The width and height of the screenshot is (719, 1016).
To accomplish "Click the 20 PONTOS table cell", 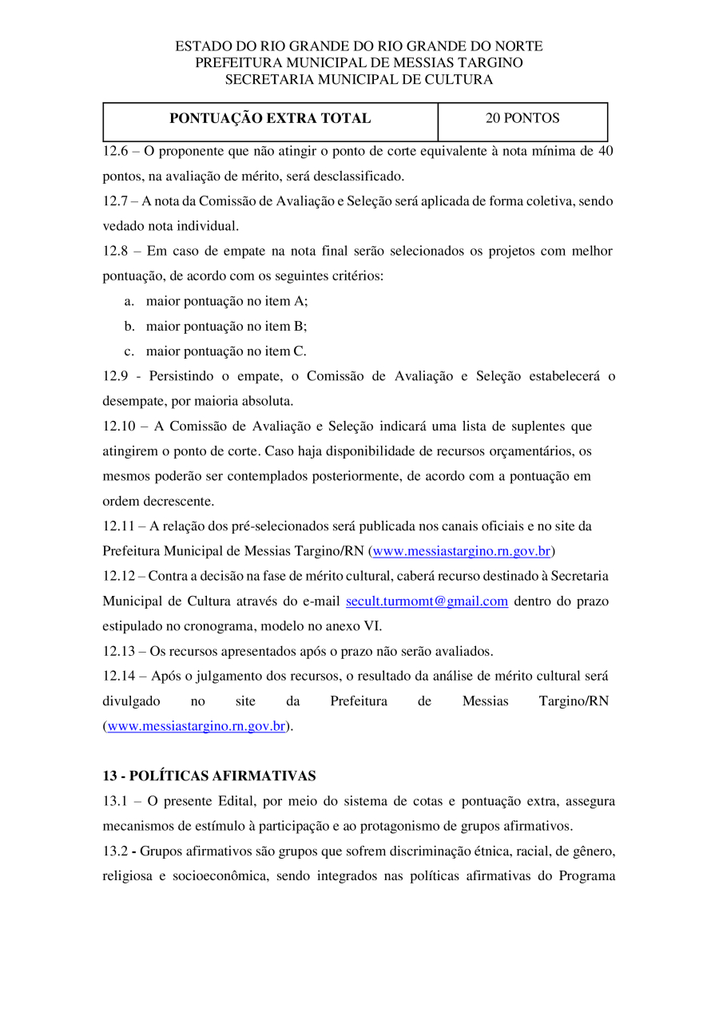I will (522, 118).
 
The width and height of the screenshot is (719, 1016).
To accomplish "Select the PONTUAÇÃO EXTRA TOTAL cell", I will (270, 118).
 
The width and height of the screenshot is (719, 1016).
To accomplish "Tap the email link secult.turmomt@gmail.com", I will (427, 601).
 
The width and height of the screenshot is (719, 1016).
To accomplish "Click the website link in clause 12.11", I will (462, 551).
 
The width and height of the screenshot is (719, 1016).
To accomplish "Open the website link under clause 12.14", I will (197, 726).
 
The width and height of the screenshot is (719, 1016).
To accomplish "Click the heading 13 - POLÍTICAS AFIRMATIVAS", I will (209, 776).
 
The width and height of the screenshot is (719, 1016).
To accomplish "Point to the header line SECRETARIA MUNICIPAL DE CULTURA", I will (359, 80).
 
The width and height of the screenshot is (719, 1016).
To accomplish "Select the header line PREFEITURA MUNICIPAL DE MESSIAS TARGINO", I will (359, 63).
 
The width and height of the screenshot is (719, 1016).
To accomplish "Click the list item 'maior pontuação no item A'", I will (227, 301).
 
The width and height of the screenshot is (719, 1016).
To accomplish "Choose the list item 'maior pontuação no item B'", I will (227, 326).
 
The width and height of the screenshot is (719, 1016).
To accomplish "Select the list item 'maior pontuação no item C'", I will (226, 351).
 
